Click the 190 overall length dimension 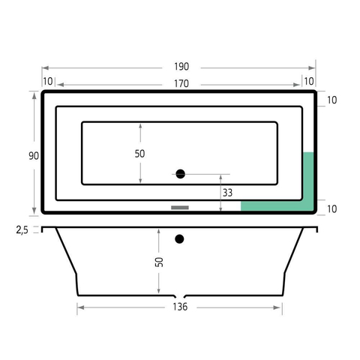181,67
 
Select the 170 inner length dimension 181,84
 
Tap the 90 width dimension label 34,156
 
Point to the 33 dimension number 227,193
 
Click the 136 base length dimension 180,307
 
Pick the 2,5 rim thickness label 22,230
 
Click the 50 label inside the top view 139,154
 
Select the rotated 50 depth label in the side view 159,262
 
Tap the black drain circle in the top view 180,174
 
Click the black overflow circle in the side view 179,239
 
